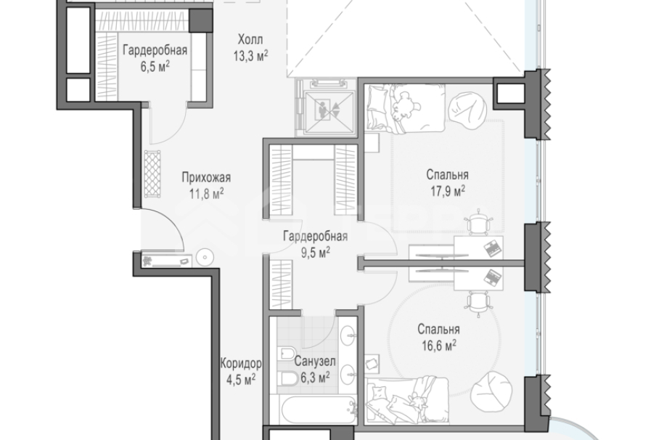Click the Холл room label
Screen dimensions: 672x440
click(x=250, y=40)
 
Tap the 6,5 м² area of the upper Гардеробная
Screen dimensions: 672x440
click(x=155, y=67)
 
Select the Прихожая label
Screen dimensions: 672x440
click(x=206, y=178)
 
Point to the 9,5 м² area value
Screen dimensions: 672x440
click(x=316, y=252)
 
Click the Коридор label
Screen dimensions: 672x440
click(x=240, y=364)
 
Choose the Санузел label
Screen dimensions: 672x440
click(x=315, y=362)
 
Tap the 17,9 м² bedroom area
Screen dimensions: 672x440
click(x=448, y=191)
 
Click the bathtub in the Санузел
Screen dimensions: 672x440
click(x=318, y=410)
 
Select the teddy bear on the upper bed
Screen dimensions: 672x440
click(x=403, y=105)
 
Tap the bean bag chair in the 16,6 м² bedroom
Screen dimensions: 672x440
click(x=491, y=391)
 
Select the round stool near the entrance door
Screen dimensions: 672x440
click(x=205, y=257)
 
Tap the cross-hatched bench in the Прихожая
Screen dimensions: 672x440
click(x=152, y=174)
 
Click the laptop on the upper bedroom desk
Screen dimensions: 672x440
click(x=493, y=248)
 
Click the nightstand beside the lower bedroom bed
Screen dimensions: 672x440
click(x=373, y=364)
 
